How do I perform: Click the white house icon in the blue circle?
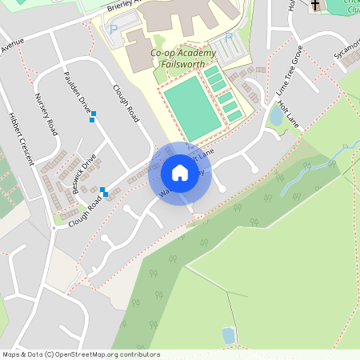180,173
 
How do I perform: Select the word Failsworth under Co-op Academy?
178,66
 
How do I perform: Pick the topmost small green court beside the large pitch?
211,72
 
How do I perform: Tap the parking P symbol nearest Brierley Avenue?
113,30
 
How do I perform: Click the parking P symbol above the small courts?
230,37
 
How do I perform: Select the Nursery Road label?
47,114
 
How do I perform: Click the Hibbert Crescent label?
22,142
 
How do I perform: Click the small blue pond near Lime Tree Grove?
276,117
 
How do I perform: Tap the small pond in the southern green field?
229,335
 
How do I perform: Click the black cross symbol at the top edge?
314,5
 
